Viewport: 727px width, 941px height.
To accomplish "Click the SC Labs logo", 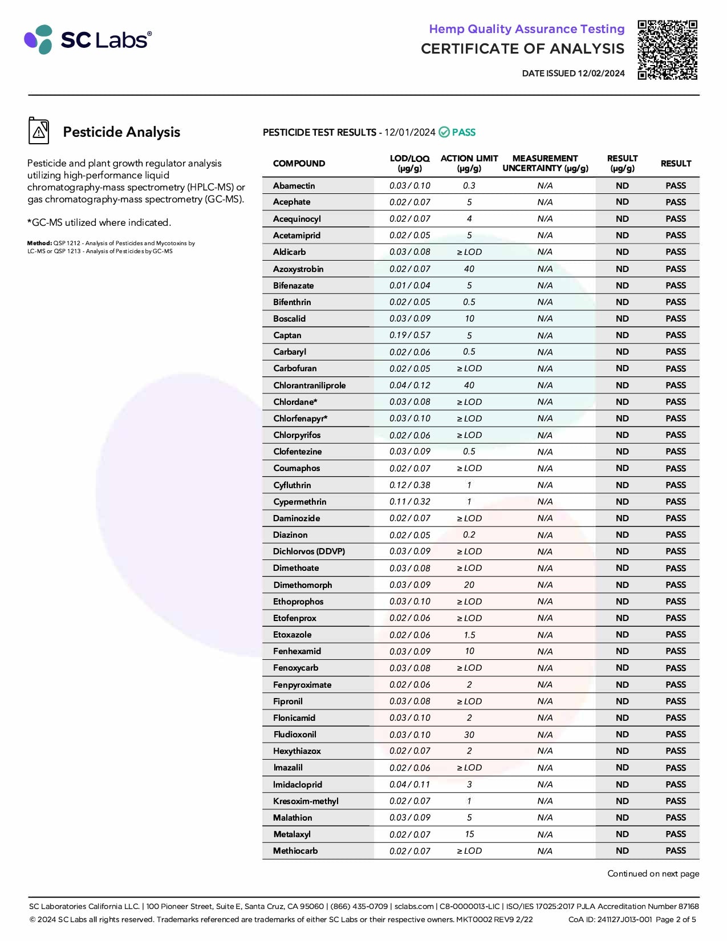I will coord(88,39).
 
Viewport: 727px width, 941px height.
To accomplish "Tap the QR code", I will coord(667,50).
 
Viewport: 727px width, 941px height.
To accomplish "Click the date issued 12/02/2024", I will coord(573,74).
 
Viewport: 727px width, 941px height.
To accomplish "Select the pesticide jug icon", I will coord(39,131).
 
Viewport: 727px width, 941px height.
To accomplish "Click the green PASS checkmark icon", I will coord(444,132).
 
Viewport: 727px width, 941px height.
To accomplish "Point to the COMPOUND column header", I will coord(299,164).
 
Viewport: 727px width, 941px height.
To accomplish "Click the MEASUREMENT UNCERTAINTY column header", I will coord(545,163).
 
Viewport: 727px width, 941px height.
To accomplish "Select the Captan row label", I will coord(287,335).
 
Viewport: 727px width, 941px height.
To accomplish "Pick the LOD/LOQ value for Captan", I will coord(409,335).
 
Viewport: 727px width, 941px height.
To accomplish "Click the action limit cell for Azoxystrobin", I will coord(469,269).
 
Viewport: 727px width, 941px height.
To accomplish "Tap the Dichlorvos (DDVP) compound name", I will coord(308,551).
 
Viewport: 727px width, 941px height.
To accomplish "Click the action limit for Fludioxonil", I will coord(469,735).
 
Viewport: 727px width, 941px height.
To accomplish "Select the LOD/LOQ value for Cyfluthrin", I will coord(409,485).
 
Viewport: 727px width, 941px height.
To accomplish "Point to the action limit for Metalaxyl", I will coord(469,834).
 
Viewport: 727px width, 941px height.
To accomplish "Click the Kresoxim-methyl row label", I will coord(306,801).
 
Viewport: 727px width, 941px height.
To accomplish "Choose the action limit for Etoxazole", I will coord(469,635).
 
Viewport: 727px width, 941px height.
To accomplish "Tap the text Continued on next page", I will coord(653,874).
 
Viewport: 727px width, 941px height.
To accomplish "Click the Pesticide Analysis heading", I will coord(121,132).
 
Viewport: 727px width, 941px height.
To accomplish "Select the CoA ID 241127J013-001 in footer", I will coord(610,919).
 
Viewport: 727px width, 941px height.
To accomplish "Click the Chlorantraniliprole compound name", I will coord(309,386).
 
